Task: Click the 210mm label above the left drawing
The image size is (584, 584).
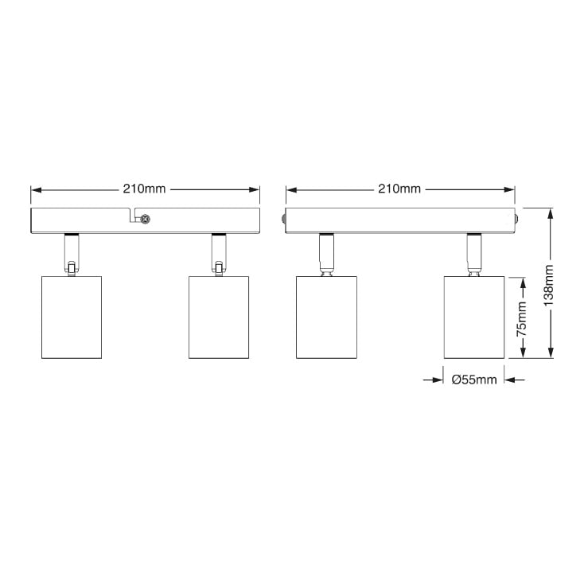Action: pyautogui.click(x=144, y=189)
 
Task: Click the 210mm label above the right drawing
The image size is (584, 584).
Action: pyautogui.click(x=399, y=189)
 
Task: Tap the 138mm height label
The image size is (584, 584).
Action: pyautogui.click(x=549, y=286)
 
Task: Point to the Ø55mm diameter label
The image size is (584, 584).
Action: pyautogui.click(x=474, y=380)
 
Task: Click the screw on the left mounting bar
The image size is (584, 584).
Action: pyautogui.click(x=146, y=220)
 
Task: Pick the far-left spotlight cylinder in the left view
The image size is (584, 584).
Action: pyautogui.click(x=72, y=317)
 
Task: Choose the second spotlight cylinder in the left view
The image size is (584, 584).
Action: pyautogui.click(x=219, y=317)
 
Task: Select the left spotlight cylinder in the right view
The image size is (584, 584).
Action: pyautogui.click(x=326, y=317)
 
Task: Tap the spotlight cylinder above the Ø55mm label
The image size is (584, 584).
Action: pyautogui.click(x=474, y=317)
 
